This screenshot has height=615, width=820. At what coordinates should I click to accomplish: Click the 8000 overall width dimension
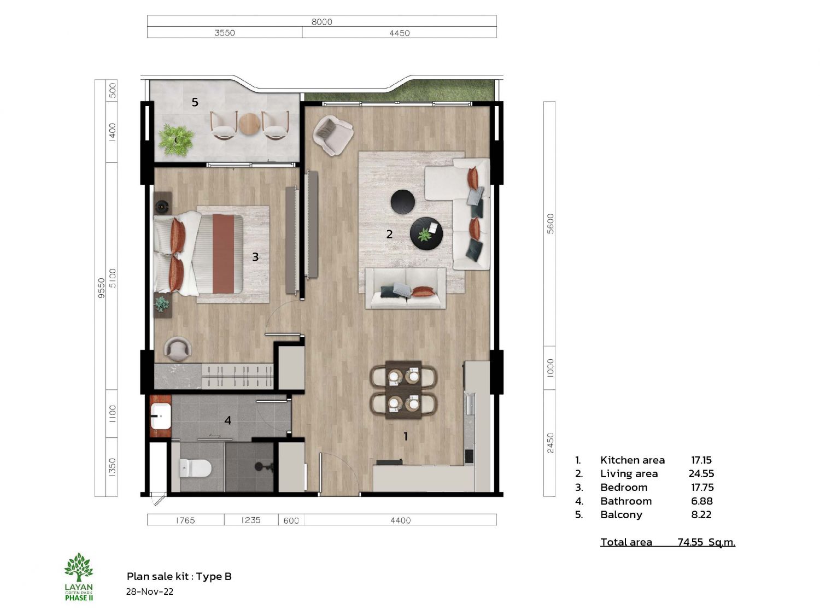click(x=321, y=22)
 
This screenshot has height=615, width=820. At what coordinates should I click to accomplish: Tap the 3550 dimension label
click(x=225, y=33)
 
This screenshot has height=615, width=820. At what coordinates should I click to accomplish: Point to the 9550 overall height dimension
click(x=101, y=288)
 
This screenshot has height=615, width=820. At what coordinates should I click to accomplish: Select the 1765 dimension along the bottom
click(x=185, y=520)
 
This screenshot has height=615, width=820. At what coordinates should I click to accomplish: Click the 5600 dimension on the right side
click(x=550, y=224)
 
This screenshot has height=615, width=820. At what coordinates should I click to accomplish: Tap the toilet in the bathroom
click(x=195, y=468)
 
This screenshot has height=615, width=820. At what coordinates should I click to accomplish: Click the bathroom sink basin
click(x=161, y=417)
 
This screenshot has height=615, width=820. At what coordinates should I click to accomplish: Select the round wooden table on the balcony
click(x=249, y=124)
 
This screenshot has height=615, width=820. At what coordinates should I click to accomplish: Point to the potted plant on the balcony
click(x=176, y=140)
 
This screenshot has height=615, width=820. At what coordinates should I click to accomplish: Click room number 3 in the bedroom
click(x=255, y=256)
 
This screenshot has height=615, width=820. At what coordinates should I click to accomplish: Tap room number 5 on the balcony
click(x=195, y=102)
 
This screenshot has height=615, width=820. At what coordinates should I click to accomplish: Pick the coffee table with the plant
click(x=426, y=233)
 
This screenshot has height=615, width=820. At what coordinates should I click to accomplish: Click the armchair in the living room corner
click(x=333, y=135)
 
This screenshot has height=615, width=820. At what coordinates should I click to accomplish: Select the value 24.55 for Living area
click(x=701, y=473)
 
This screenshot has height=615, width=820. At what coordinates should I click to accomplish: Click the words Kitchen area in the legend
click(x=632, y=460)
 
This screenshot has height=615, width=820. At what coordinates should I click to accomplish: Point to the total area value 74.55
click(x=690, y=542)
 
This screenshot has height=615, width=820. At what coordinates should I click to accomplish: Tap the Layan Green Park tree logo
click(x=79, y=567)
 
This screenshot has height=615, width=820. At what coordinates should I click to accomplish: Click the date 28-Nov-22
click(x=149, y=591)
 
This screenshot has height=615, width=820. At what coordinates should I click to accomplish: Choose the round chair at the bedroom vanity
click(x=178, y=349)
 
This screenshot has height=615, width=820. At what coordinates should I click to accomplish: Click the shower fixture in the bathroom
click(x=263, y=466)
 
